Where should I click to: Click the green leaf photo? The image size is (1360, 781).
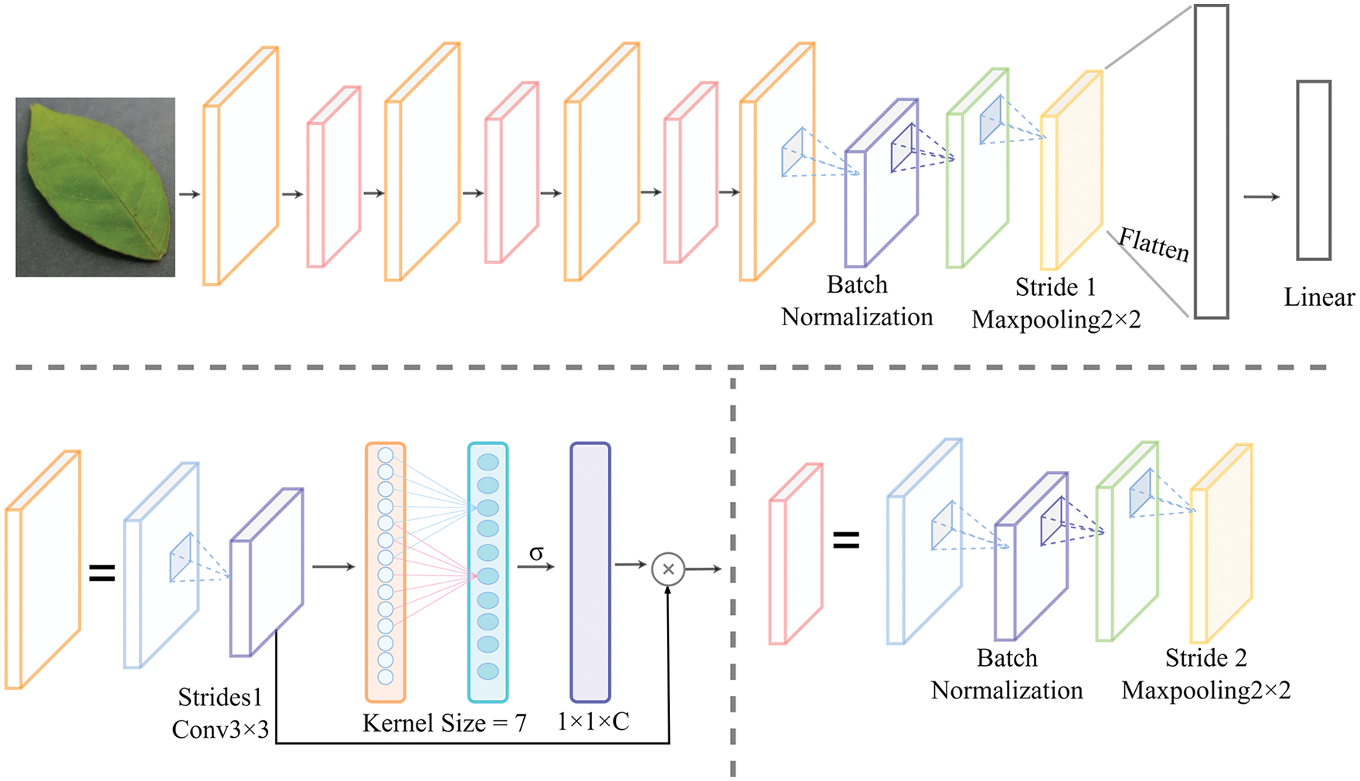[95, 187]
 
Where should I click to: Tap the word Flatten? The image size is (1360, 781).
[1154, 245]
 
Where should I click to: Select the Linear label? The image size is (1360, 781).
[1318, 297]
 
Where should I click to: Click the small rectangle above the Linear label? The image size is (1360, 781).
[1313, 170]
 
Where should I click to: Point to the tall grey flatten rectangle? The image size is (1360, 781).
[1211, 161]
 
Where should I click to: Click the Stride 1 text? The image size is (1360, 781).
[1056, 287]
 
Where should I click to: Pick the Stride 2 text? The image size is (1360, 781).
[1205, 658]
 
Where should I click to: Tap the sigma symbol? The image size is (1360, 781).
[536, 553]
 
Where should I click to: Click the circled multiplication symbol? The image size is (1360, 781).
[668, 569]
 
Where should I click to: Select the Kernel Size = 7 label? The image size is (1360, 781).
[444, 723]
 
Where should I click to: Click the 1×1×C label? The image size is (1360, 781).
[593, 722]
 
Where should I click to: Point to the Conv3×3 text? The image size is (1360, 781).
[220, 729]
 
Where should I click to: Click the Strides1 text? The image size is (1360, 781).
[220, 698]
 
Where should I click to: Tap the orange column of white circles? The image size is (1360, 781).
[386, 572]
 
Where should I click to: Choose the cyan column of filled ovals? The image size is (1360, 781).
[488, 572]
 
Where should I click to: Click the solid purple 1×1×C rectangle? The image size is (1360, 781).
[590, 572]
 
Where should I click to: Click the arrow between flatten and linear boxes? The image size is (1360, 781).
[1261, 197]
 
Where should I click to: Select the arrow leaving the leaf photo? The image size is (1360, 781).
[189, 194]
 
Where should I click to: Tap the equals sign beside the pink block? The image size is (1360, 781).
[846, 541]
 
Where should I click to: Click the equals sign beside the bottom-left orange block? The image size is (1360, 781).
[102, 573]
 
